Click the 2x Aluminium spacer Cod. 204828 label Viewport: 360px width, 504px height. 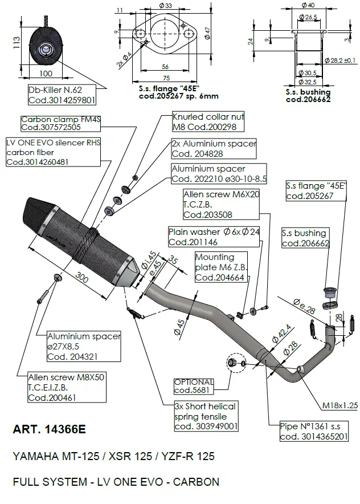tap(214, 149)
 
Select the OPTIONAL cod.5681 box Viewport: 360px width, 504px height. tap(194, 387)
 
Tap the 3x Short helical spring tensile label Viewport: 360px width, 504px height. tap(206, 416)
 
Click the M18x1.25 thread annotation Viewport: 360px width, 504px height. tap(339, 405)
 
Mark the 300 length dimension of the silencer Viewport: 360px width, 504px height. tap(83, 278)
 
